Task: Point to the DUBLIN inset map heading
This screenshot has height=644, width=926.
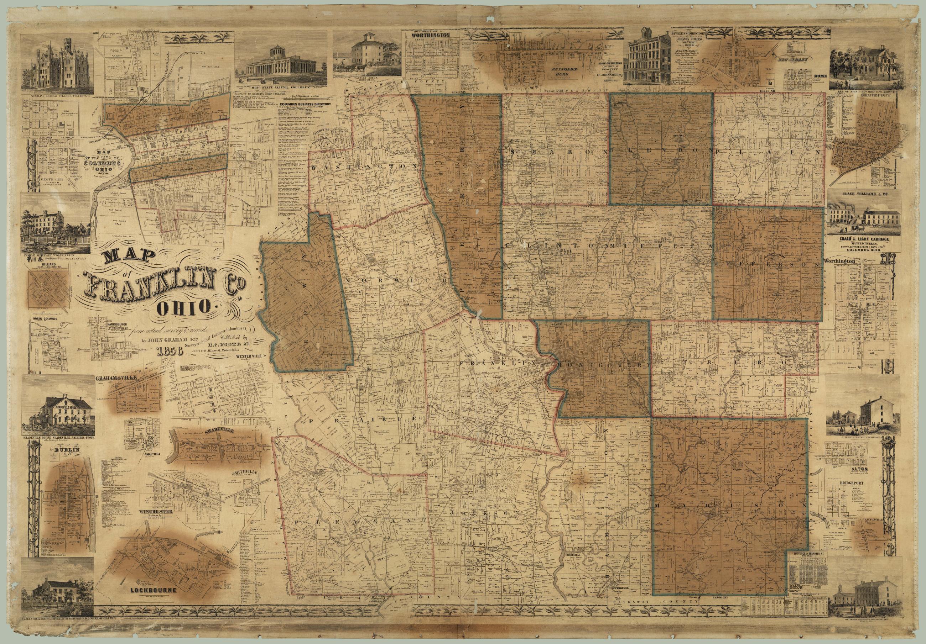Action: (x=67, y=450)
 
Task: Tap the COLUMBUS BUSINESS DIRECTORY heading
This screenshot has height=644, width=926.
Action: (x=306, y=104)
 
